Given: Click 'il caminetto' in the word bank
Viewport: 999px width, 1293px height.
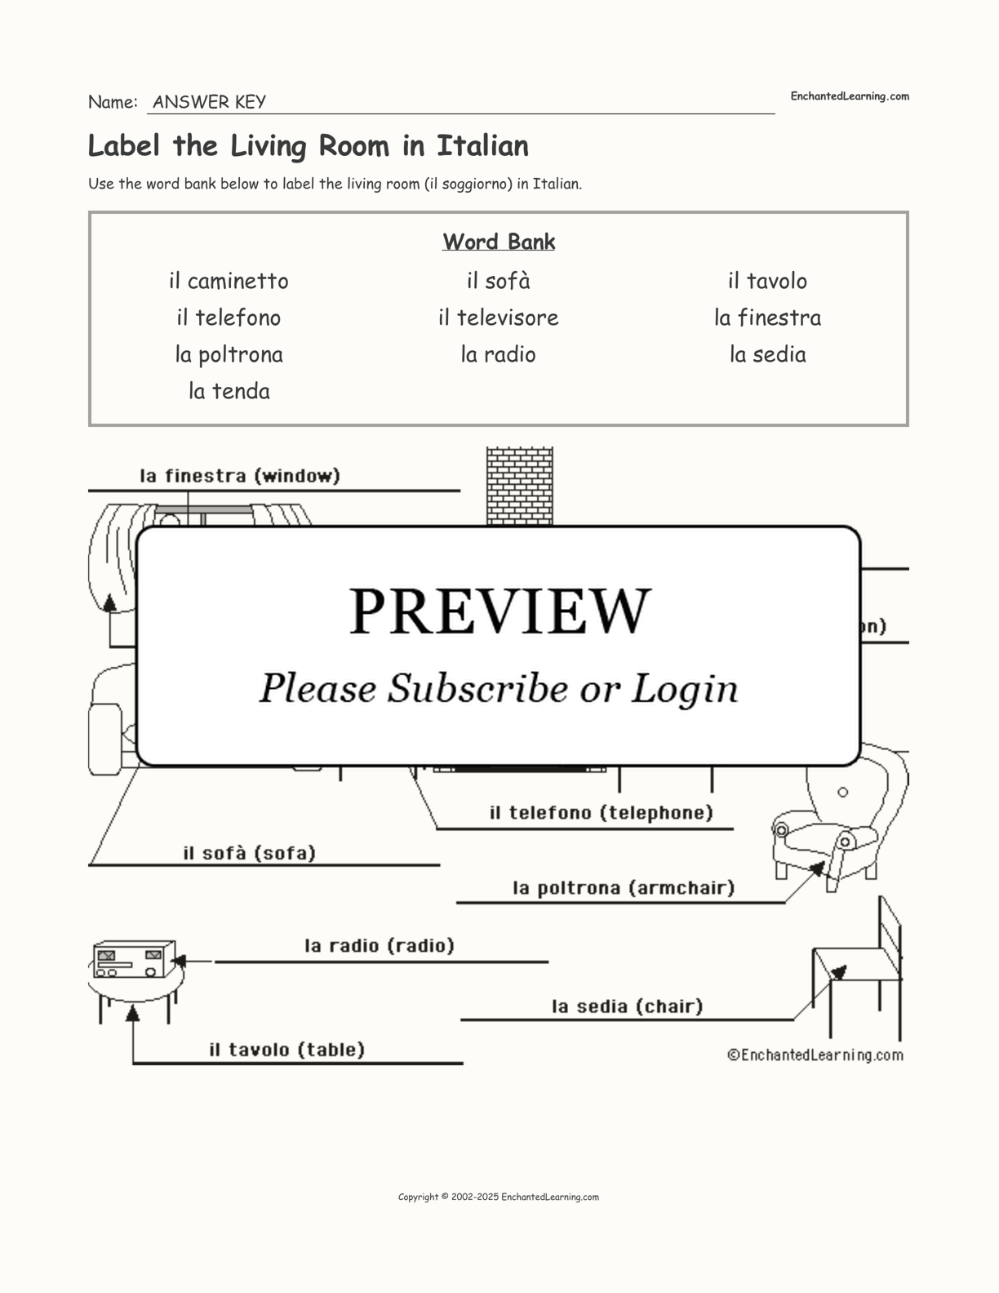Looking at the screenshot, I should click(x=229, y=282).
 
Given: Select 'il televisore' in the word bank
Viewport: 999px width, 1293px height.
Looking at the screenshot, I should click(x=498, y=318).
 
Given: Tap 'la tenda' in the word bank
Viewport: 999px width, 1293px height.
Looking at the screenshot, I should click(x=229, y=391).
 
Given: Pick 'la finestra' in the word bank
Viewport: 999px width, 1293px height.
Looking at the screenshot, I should click(x=767, y=318).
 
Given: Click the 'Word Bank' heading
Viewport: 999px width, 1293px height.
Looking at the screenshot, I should click(x=499, y=242).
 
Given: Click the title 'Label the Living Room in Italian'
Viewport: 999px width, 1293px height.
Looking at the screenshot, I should click(x=309, y=146).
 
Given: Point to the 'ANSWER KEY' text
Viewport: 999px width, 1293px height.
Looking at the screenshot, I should click(x=209, y=102).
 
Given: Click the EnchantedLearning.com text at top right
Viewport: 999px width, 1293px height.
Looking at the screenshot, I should click(x=849, y=96).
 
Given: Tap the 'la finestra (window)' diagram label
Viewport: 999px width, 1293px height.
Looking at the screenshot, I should click(x=240, y=476).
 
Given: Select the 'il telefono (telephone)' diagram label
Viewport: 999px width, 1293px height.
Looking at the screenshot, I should click(x=601, y=813).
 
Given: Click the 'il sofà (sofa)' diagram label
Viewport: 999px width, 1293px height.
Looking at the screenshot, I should click(x=249, y=853).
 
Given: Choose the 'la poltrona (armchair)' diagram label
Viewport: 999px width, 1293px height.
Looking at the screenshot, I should click(x=624, y=887).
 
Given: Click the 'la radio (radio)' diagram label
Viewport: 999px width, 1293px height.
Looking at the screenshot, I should click(x=380, y=945).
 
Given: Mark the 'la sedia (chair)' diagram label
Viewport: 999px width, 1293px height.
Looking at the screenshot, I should click(x=627, y=1006).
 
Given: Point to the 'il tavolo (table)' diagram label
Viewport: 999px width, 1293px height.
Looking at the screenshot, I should click(x=286, y=1050).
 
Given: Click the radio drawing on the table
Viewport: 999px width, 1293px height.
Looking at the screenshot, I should click(x=132, y=960).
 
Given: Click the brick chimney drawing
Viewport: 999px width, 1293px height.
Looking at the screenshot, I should click(x=520, y=486).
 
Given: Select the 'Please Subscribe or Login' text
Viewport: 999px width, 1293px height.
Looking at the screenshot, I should click(x=499, y=688).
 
